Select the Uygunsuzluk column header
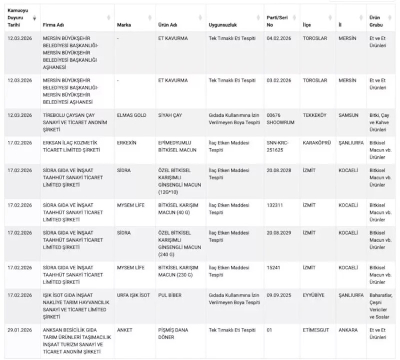(222, 25)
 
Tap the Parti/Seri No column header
(277, 21)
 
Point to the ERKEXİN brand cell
(127, 142)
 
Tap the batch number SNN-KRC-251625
(279, 146)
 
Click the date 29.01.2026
(20, 330)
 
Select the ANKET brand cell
(124, 330)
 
